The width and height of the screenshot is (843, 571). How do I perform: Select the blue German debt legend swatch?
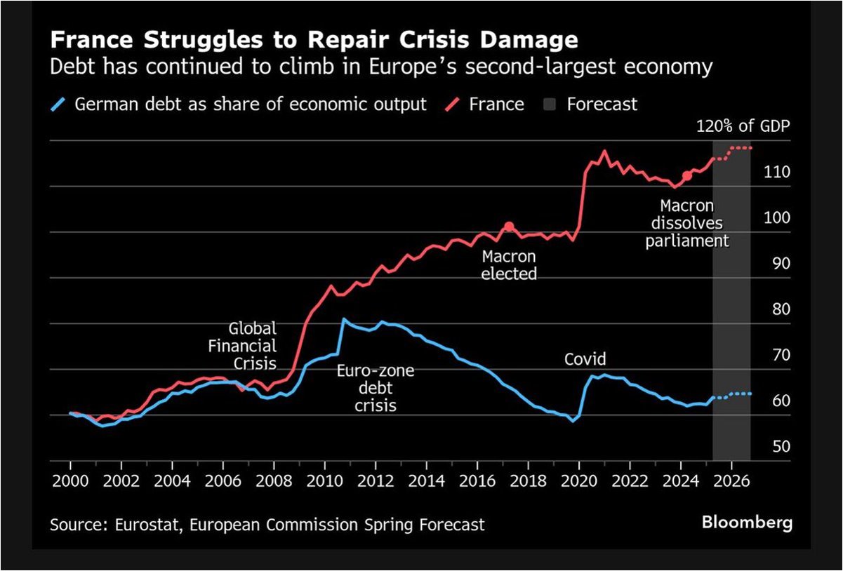pyautogui.click(x=60, y=105)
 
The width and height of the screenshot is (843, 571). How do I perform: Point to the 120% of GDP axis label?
pyautogui.click(x=741, y=127)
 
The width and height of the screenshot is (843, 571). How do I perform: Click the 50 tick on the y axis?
pyautogui.click(x=763, y=447)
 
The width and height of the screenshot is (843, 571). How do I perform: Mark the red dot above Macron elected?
pyautogui.click(x=509, y=227)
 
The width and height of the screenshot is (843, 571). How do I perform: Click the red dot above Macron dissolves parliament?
pyautogui.click(x=686, y=175)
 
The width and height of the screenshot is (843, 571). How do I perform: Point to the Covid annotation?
pyautogui.click(x=585, y=360)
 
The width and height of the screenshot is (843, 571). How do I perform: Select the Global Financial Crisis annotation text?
pyautogui.click(x=253, y=346)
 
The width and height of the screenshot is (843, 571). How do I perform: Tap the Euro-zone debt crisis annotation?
pyautogui.click(x=375, y=388)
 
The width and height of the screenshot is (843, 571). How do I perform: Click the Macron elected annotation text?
pyautogui.click(x=509, y=265)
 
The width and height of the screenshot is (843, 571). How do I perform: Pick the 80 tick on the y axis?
pyautogui.click(x=763, y=309)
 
